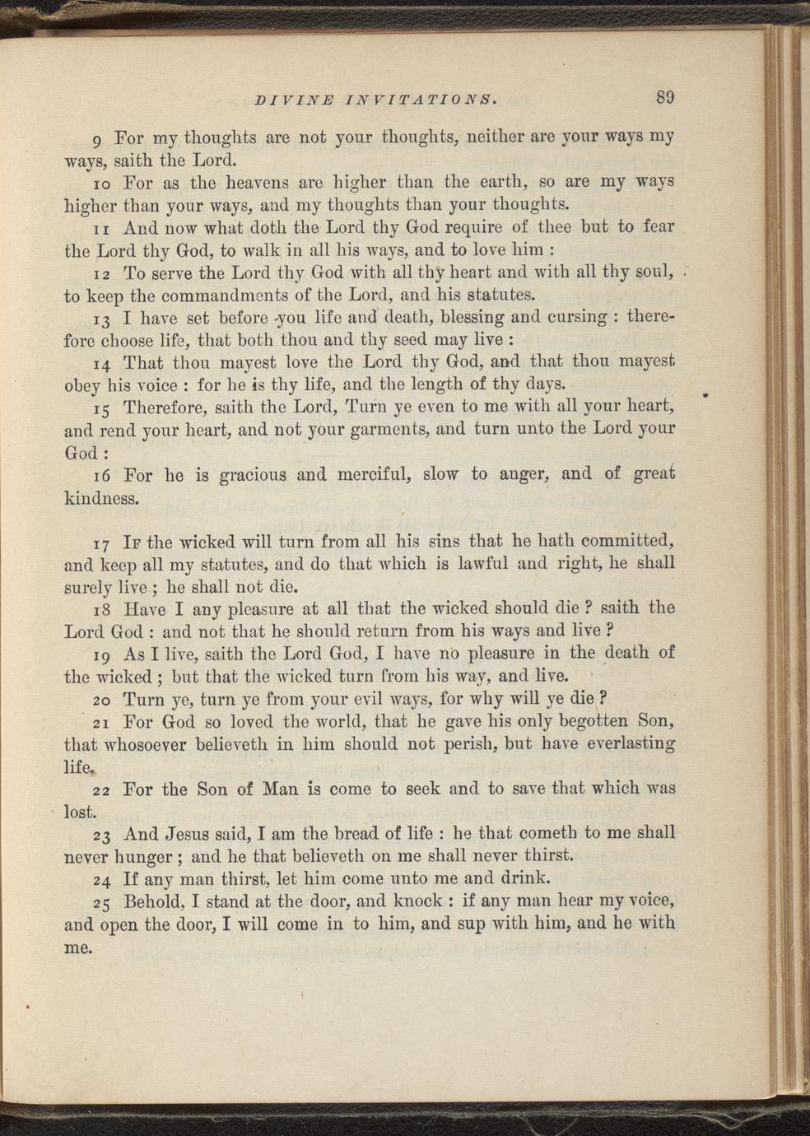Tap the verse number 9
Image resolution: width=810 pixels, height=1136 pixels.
click(99, 137)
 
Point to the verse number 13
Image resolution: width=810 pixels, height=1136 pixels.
click(102, 319)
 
